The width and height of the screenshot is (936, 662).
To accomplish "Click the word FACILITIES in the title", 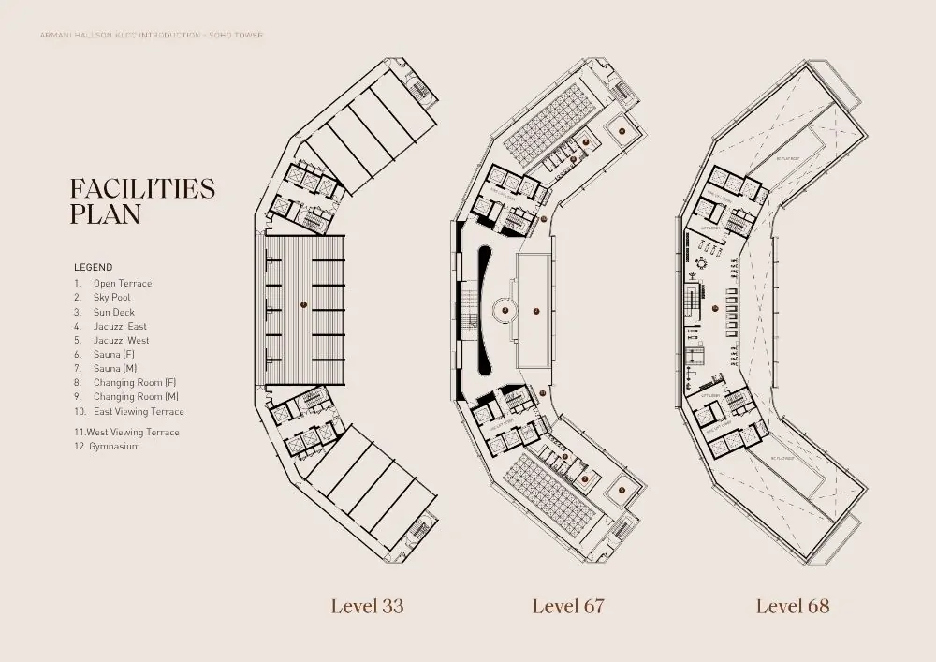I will [142, 188].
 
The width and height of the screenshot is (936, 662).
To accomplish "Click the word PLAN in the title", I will [105, 214].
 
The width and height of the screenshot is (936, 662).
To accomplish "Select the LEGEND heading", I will [93, 267].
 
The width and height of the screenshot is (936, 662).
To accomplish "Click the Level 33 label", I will [367, 606].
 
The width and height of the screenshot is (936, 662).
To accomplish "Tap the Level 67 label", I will [567, 606].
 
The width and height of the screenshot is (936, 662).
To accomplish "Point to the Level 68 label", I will [792, 606].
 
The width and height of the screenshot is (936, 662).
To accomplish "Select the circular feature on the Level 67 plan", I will [503, 309].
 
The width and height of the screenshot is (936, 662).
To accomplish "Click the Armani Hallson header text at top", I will [145, 36].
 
